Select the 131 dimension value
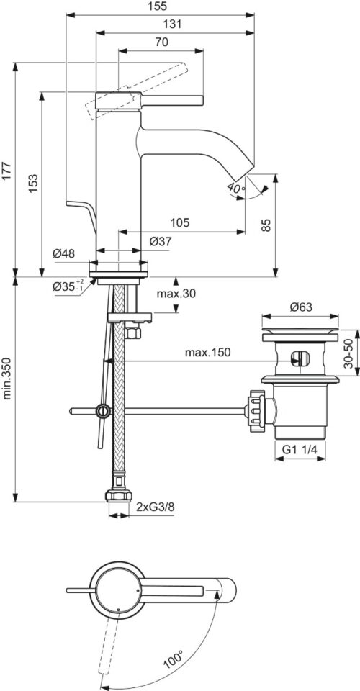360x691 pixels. (x=174, y=24)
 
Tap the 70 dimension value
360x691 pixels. (x=162, y=42)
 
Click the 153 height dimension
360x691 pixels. (x=34, y=182)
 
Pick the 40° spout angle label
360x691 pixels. (x=236, y=187)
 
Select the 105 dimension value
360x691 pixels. (x=181, y=223)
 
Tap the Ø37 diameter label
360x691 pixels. (x=161, y=242)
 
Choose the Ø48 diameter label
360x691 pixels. (x=64, y=253)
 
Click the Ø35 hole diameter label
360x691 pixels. (x=68, y=286)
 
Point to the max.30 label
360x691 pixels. (x=176, y=294)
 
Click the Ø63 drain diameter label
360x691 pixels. (x=301, y=307)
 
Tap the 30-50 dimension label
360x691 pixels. (x=349, y=354)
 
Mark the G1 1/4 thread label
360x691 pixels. (x=300, y=450)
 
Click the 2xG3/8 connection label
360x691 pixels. (x=156, y=507)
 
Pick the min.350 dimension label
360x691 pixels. (x=7, y=379)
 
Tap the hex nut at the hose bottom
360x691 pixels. (x=119, y=496)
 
